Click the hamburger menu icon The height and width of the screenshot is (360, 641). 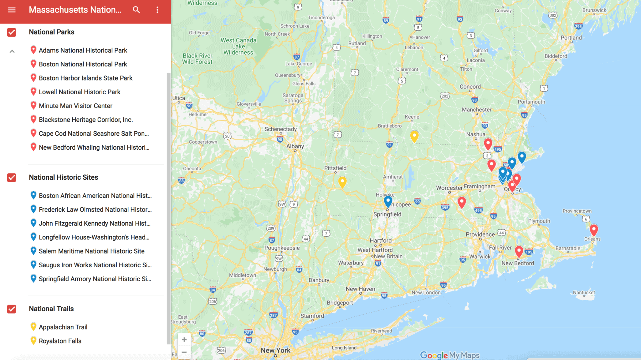click(x=12, y=10)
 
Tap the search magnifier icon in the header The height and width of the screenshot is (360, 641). click(x=136, y=10)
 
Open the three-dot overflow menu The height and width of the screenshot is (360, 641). click(x=157, y=10)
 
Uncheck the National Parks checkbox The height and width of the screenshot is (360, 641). click(x=12, y=32)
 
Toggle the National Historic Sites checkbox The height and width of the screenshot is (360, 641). click(x=12, y=177)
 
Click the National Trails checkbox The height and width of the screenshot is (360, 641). click(x=12, y=309)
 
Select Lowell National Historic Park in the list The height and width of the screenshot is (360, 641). click(x=79, y=92)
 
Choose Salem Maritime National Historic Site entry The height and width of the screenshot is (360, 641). click(x=91, y=251)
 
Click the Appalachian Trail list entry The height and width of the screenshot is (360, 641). click(x=63, y=327)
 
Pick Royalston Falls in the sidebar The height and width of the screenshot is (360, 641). click(x=60, y=341)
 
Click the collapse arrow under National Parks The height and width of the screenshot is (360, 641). click(x=12, y=51)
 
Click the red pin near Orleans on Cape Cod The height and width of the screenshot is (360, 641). click(x=593, y=230)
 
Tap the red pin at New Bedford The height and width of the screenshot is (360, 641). click(x=519, y=251)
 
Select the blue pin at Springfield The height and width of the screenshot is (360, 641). click(x=388, y=201)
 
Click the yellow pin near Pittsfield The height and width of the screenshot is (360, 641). click(x=342, y=181)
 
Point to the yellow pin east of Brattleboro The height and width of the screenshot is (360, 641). click(x=414, y=136)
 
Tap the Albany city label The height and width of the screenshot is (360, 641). click(x=295, y=146)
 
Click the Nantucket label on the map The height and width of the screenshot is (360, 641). click(x=584, y=292)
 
